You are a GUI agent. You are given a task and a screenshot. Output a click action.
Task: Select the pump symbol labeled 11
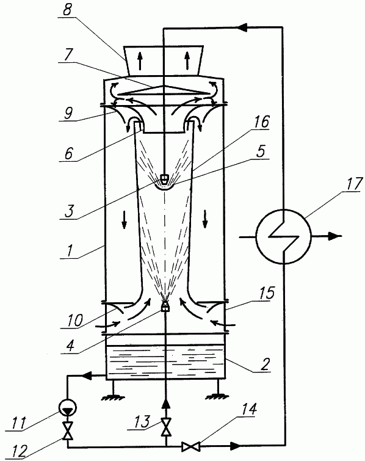pyautogui.click(x=68, y=407)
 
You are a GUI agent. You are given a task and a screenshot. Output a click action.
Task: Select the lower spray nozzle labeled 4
pyautogui.click(x=165, y=306)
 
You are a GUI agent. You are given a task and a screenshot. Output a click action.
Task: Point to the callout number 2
pyautogui.click(x=264, y=365)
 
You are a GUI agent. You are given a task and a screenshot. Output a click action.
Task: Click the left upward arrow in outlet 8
pyautogui.click(x=140, y=61)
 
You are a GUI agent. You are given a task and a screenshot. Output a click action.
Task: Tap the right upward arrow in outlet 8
pyautogui.click(x=187, y=61)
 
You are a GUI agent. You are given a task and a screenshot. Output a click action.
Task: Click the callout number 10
pyautogui.click(x=74, y=320)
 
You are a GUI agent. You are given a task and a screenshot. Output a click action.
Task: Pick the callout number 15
pyautogui.click(x=267, y=293)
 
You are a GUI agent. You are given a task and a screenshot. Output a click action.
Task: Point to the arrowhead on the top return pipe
pyautogui.click(x=242, y=27)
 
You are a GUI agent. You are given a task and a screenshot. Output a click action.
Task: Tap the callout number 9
pyautogui.click(x=68, y=113)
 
